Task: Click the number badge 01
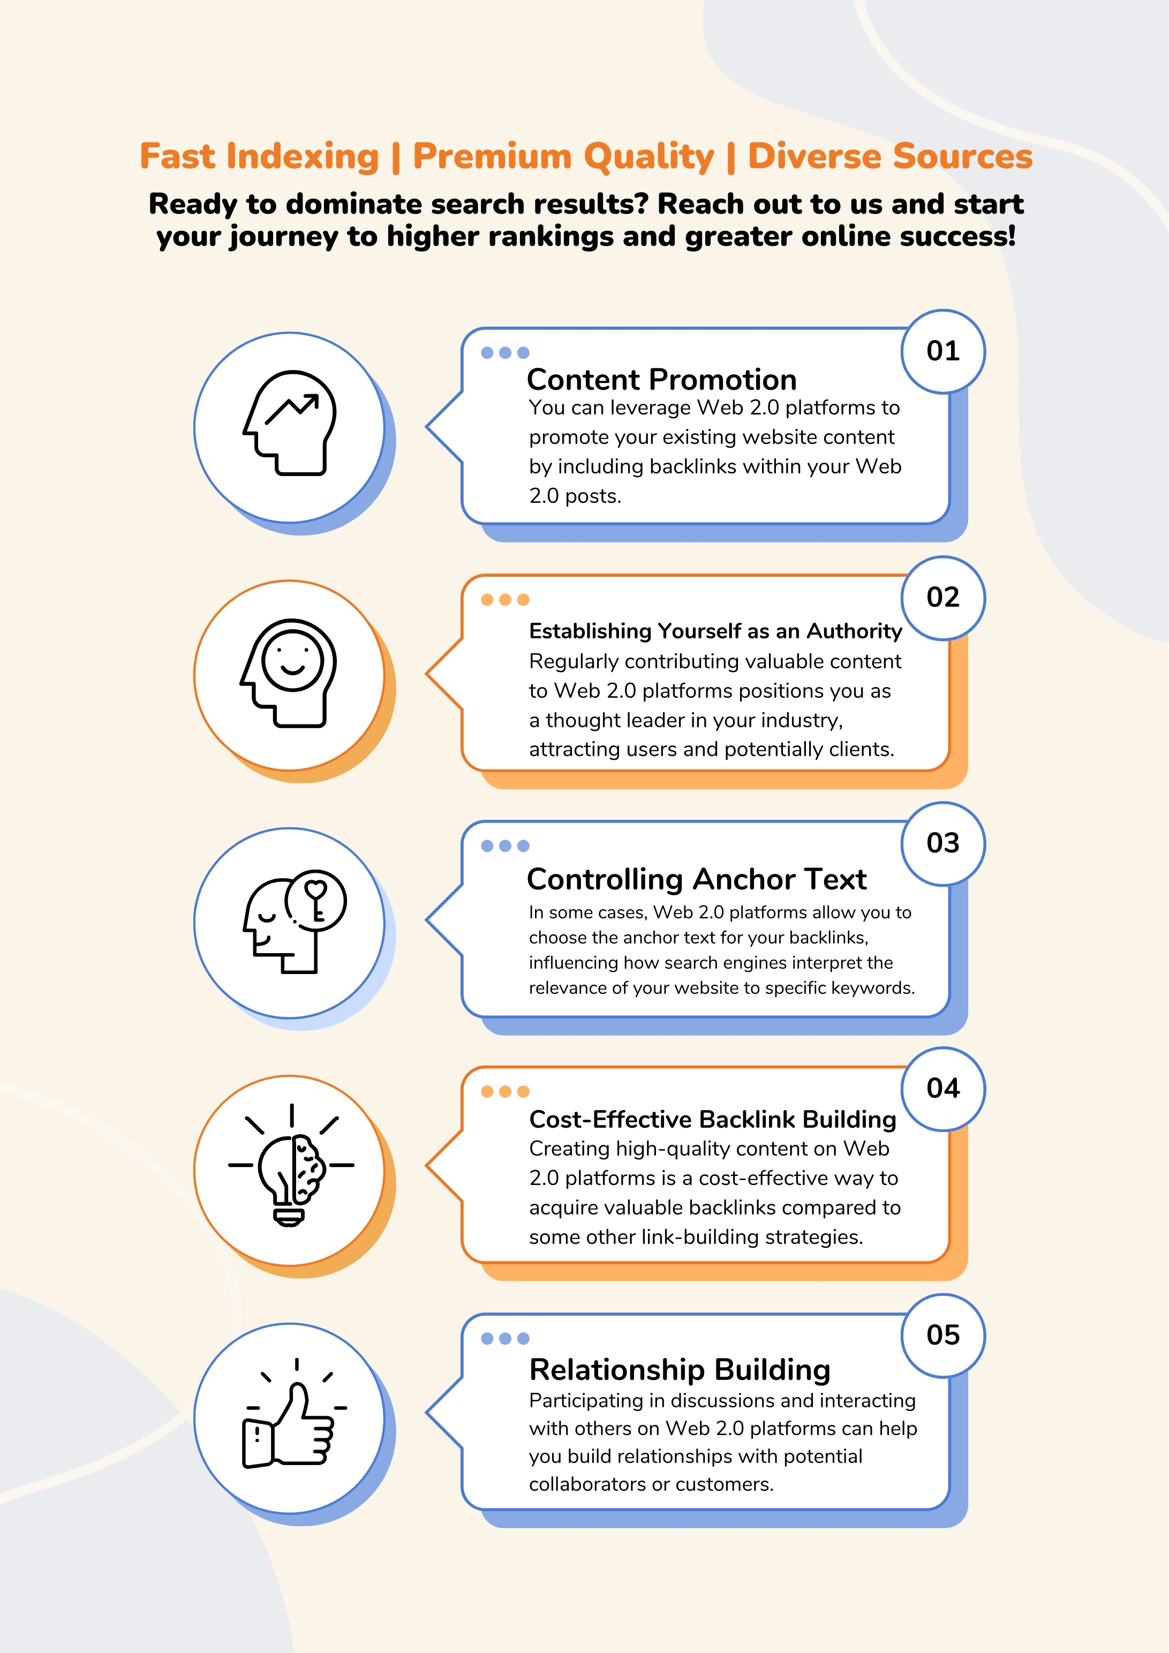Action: coord(942,351)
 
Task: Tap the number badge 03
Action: coord(942,843)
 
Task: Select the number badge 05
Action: coord(942,1335)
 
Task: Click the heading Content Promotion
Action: coord(661,380)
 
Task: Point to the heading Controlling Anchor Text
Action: coord(696,879)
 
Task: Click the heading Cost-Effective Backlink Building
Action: coord(713,1120)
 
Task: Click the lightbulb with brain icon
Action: coord(291,1166)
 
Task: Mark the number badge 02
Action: coord(942,598)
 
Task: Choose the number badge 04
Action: coord(942,1089)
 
